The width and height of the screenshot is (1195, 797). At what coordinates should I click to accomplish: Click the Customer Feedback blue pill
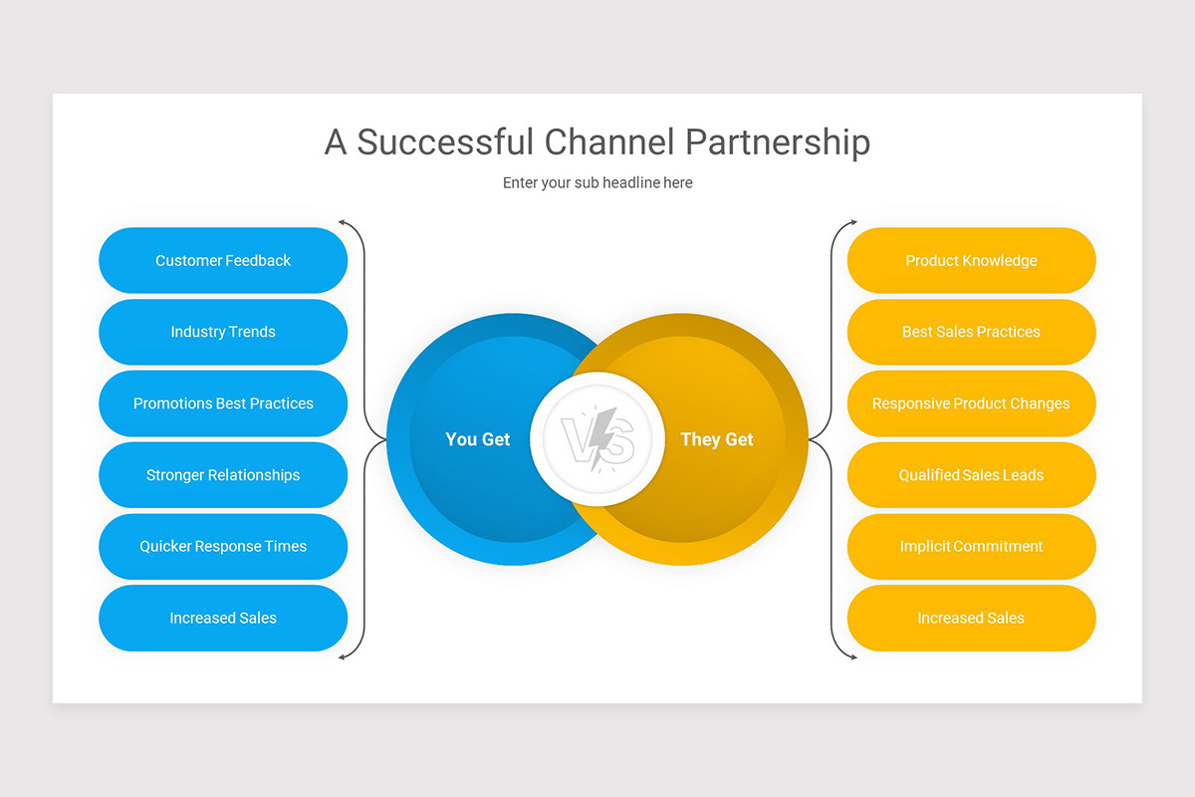(223, 260)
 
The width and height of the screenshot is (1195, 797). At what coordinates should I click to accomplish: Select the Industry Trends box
(223, 332)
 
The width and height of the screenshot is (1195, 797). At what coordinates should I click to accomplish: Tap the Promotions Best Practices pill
(223, 403)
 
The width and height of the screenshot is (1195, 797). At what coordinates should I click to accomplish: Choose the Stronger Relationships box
(223, 475)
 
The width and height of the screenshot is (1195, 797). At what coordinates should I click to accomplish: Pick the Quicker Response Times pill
(223, 546)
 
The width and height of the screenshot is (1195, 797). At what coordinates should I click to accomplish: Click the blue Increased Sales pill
(223, 618)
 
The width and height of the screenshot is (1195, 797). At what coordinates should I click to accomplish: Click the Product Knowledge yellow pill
(971, 260)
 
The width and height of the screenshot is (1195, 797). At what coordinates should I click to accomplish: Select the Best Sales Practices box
(971, 332)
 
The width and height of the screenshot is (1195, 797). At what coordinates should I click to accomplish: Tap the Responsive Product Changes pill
(971, 403)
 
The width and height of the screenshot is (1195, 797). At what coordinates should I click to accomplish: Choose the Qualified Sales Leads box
(971, 475)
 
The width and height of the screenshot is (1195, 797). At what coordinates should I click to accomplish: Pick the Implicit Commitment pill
(971, 546)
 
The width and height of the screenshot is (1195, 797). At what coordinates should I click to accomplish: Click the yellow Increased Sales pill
(971, 618)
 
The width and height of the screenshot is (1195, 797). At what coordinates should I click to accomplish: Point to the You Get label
(478, 439)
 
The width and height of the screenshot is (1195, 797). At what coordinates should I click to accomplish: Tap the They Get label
(717, 439)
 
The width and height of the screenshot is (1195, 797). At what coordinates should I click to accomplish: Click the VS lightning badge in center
(597, 439)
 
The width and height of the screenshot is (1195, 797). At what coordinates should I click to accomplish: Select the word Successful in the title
(446, 142)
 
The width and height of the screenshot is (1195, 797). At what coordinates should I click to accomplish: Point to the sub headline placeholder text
(597, 183)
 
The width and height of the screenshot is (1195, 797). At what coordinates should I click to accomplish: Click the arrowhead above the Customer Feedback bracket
(342, 222)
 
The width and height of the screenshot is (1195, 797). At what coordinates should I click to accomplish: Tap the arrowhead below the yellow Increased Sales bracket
(852, 657)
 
